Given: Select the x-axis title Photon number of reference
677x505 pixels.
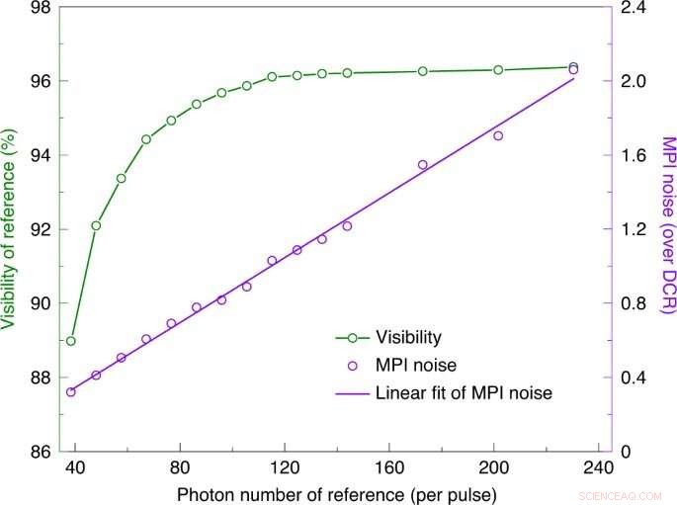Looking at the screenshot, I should [336, 491].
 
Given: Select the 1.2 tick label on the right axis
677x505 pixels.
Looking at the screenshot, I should [634, 229].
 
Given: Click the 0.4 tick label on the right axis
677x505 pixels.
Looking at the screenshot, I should [634, 378].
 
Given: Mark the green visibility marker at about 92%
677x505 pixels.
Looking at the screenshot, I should [96, 225].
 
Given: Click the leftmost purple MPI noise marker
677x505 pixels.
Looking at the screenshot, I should [70, 391].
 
